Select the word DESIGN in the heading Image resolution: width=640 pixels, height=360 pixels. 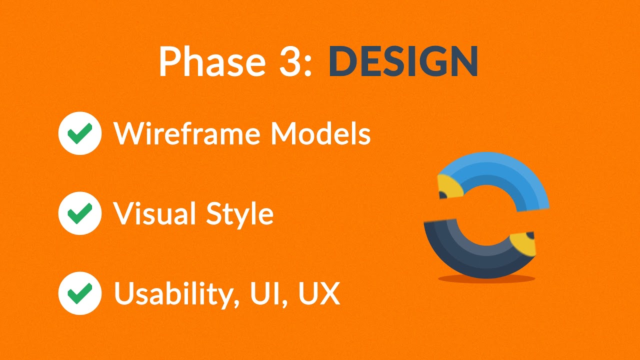point(403,61)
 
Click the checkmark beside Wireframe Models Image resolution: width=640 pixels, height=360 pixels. point(80,133)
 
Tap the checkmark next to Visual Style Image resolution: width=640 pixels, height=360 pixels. point(80,213)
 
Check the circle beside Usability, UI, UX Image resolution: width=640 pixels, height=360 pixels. point(80,293)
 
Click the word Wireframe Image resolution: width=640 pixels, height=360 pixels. point(189,133)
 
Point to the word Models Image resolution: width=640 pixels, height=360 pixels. point(320,133)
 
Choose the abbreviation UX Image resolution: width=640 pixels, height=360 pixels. point(319,293)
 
